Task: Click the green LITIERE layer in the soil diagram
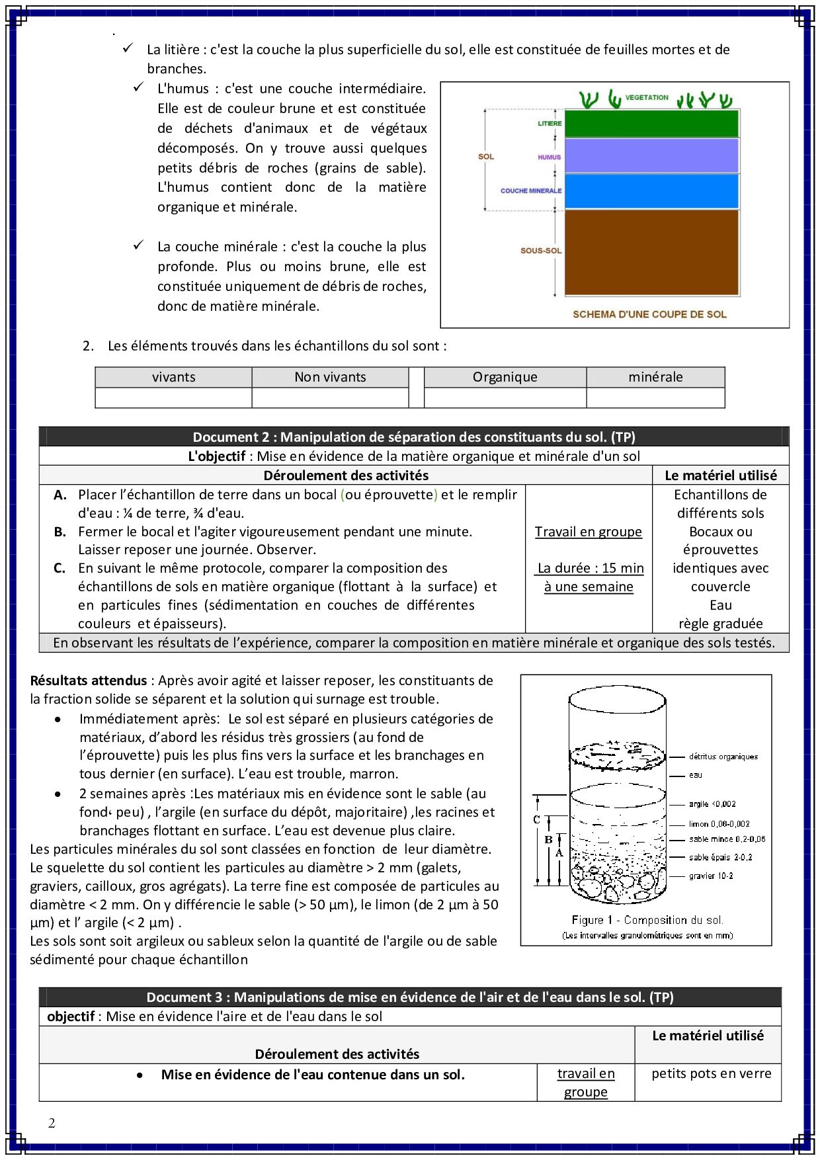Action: (x=651, y=124)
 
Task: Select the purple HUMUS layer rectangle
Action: (x=651, y=156)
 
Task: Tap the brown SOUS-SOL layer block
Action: (x=651, y=252)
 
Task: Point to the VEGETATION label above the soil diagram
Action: (x=647, y=98)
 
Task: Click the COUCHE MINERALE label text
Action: (x=531, y=190)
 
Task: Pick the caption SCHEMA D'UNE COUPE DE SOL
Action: (x=649, y=314)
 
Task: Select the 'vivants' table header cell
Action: (x=173, y=377)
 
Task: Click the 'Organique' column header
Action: (x=505, y=377)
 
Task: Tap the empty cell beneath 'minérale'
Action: (x=655, y=397)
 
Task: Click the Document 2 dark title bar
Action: (x=413, y=436)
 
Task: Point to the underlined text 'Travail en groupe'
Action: (x=588, y=532)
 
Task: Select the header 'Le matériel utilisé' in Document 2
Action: (x=721, y=475)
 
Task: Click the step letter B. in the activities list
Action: (x=60, y=532)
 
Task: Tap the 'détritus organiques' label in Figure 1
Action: (x=723, y=757)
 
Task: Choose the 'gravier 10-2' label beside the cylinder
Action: (x=711, y=876)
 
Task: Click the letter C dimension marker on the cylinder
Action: (x=536, y=820)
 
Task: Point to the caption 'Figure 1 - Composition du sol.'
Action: (x=647, y=920)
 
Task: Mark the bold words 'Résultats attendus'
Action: (x=89, y=681)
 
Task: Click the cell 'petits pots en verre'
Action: (x=711, y=1073)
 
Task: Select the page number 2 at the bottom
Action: (x=52, y=1123)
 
